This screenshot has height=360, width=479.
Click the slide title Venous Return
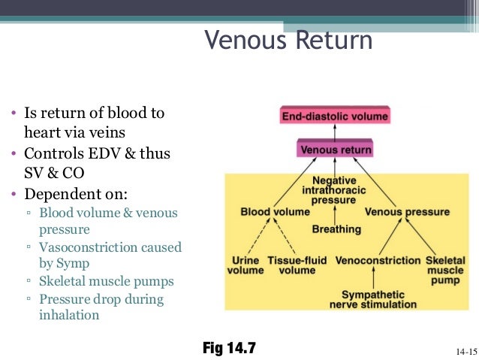(x=288, y=40)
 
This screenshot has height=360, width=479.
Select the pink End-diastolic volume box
(x=335, y=116)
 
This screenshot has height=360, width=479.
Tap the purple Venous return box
(x=336, y=150)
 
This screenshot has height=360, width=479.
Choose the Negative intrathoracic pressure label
(x=334, y=192)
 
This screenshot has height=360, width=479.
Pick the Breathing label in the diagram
(x=336, y=228)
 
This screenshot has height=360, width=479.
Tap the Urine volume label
(x=246, y=265)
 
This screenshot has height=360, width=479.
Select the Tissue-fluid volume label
(x=297, y=265)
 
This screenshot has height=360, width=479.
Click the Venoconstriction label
(x=377, y=260)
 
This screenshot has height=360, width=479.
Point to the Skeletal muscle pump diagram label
(x=445, y=270)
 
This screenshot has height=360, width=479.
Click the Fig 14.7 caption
(x=229, y=348)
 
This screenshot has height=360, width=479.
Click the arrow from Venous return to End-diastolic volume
(x=335, y=132)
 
